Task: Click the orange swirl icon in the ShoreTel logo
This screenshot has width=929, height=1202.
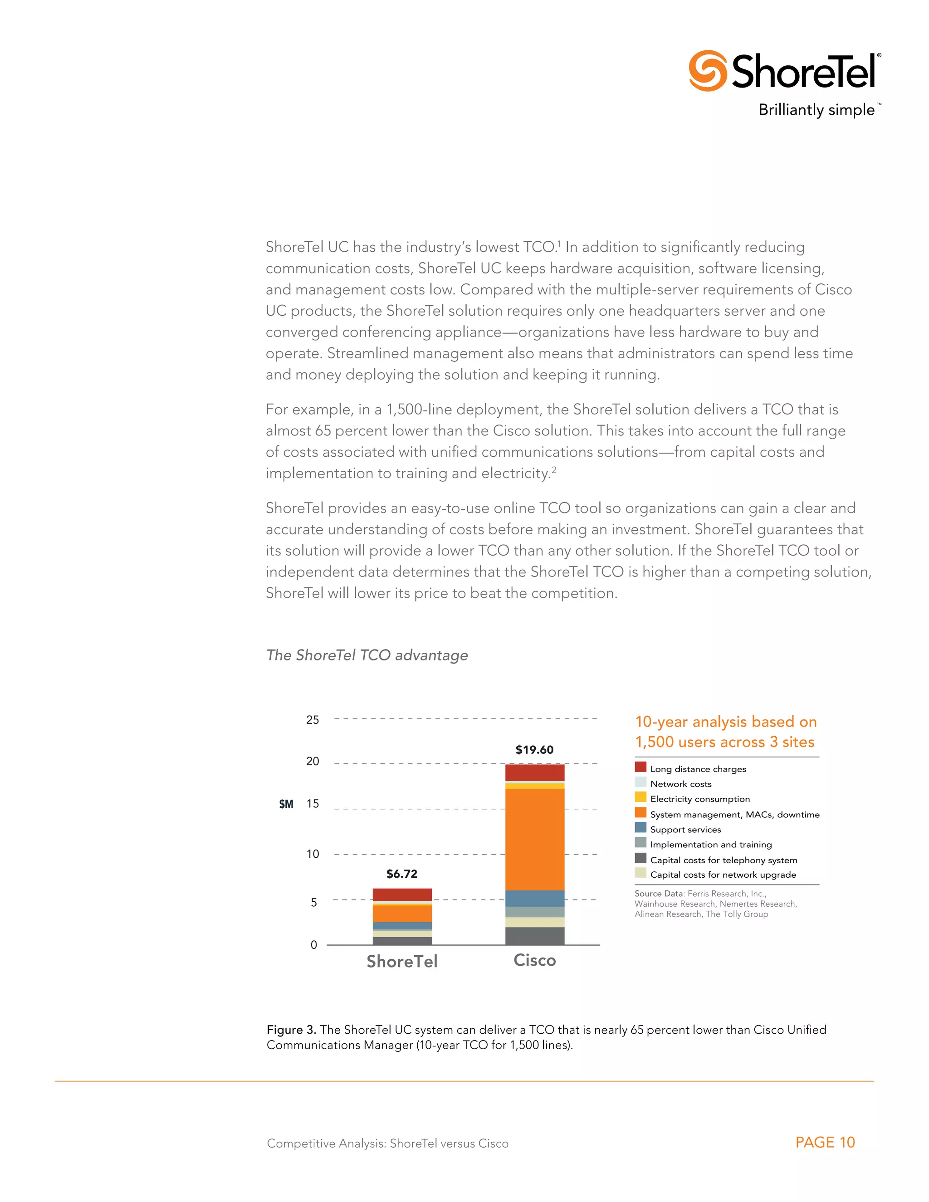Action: [707, 70]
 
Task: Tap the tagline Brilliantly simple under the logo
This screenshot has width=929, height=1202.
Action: [816, 110]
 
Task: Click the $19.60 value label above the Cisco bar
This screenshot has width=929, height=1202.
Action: [534, 750]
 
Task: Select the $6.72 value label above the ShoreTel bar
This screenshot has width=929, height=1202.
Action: [402, 874]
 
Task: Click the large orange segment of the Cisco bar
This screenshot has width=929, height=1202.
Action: [534, 839]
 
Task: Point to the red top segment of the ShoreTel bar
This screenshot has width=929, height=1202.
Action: [402, 894]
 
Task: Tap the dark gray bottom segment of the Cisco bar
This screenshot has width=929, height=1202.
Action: [534, 936]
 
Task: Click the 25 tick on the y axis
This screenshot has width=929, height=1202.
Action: [313, 720]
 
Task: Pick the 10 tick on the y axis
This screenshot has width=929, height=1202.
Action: [313, 854]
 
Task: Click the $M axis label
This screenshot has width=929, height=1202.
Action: [286, 804]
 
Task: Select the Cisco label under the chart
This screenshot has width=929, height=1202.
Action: [534, 960]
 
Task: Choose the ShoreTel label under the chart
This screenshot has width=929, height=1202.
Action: [402, 961]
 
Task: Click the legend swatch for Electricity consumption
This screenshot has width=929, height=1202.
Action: [641, 797]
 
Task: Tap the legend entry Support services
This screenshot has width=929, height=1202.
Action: [685, 830]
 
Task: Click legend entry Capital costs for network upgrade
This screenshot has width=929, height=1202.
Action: [723, 875]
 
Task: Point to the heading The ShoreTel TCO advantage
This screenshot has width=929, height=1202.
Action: [367, 655]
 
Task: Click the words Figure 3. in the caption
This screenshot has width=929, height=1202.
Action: [291, 1030]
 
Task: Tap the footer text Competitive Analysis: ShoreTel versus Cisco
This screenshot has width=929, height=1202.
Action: [387, 1143]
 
